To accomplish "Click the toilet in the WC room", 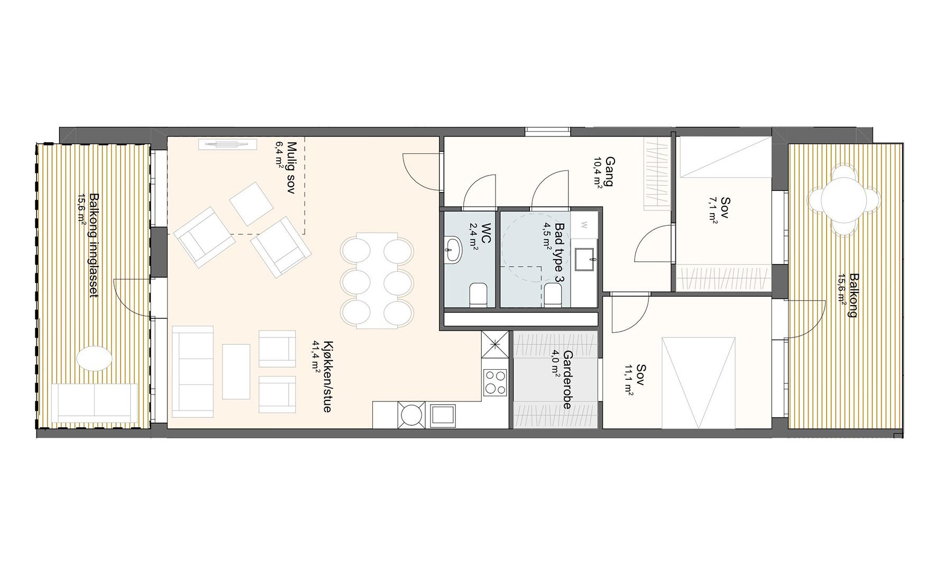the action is point(479,295).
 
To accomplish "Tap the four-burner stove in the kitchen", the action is point(495,382).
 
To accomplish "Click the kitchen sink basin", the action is point(443,415).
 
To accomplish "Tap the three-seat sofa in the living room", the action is point(194,369).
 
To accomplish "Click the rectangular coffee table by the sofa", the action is point(236,371).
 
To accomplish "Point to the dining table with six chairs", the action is point(377,280).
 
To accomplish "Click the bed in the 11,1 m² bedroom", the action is point(699,382).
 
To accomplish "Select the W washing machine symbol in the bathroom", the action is point(584,225).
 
